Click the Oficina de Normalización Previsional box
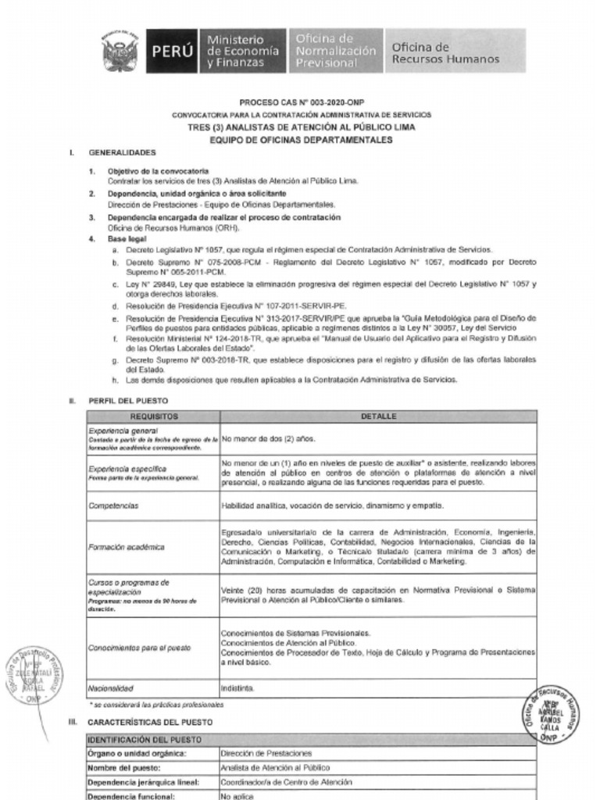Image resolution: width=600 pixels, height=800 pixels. coord(336,51)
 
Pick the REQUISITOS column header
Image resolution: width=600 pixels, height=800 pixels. coord(154,416)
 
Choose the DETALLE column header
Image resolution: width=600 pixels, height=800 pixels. coord(379,416)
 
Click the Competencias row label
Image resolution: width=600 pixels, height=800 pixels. coord(114,506)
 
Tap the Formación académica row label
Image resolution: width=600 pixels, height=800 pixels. coord(122,548)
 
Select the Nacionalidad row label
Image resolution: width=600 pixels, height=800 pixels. coord(112,688)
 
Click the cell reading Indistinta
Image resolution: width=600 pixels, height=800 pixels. coord(238,688)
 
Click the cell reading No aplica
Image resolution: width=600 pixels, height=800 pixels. coord(237,795)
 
